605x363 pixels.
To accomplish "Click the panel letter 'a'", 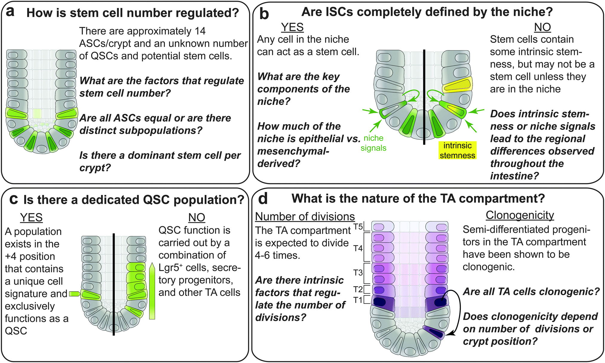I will click(10, 12).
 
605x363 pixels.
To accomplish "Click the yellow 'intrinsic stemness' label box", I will click(457, 150).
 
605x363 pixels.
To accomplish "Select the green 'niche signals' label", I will click(373, 143).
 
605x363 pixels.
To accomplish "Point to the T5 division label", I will click(358, 227).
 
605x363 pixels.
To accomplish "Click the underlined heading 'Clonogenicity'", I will click(520, 215).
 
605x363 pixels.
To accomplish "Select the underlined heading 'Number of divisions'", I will click(305, 216).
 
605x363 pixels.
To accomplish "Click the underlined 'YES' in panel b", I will click(292, 27).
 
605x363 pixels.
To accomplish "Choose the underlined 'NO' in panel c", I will click(197, 218).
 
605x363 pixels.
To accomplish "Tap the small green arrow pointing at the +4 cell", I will click(75, 294).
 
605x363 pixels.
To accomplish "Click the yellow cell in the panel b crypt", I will click(457, 85).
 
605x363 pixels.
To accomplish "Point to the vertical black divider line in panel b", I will click(424, 99).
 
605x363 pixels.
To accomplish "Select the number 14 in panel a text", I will click(200, 31).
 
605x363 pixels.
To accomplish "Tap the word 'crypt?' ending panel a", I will click(95, 168).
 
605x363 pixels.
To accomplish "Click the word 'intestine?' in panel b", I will click(514, 176).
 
